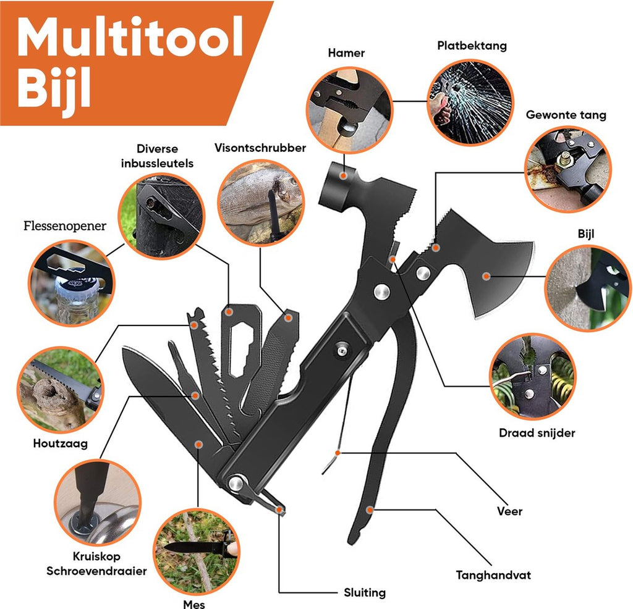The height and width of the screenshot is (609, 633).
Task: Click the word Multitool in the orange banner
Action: point(130,36)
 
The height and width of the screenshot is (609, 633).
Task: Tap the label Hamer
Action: point(346,53)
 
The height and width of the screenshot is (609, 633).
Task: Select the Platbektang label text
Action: point(472,46)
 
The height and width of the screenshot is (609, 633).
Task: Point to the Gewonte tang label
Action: point(566,115)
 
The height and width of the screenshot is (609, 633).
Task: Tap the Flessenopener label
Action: point(64,226)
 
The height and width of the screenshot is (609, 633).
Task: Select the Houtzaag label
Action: point(60,443)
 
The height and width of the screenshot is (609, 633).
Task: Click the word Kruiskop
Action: point(96,556)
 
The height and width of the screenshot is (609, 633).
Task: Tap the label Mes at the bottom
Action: point(193,604)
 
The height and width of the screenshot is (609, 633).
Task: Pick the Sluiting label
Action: point(365,592)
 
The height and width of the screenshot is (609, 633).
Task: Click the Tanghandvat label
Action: point(493,574)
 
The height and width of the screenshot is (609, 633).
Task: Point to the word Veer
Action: point(509,511)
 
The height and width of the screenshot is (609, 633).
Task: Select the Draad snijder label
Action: point(537,433)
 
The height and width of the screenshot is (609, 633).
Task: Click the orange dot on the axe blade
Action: point(486,277)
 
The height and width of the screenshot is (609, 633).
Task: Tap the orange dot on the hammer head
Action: point(343,176)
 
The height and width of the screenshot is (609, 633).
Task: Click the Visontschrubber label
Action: point(260,148)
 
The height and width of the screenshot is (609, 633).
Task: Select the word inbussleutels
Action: point(157,163)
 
